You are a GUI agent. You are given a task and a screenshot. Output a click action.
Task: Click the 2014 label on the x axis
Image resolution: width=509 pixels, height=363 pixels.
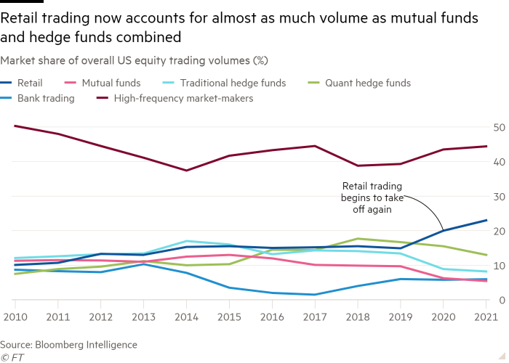[188, 317]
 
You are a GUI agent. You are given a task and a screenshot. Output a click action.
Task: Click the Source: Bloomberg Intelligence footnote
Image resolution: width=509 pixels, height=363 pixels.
[69, 344]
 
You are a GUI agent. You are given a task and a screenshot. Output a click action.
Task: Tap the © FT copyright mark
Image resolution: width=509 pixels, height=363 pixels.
[11, 356]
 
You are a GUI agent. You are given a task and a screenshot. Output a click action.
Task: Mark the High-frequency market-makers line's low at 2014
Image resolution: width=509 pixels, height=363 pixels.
[187, 171]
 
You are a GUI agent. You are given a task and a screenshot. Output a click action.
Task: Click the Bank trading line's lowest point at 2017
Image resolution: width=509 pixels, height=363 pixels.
[313, 295]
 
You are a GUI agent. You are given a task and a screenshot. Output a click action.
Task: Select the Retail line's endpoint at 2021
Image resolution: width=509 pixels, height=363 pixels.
[486, 220]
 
